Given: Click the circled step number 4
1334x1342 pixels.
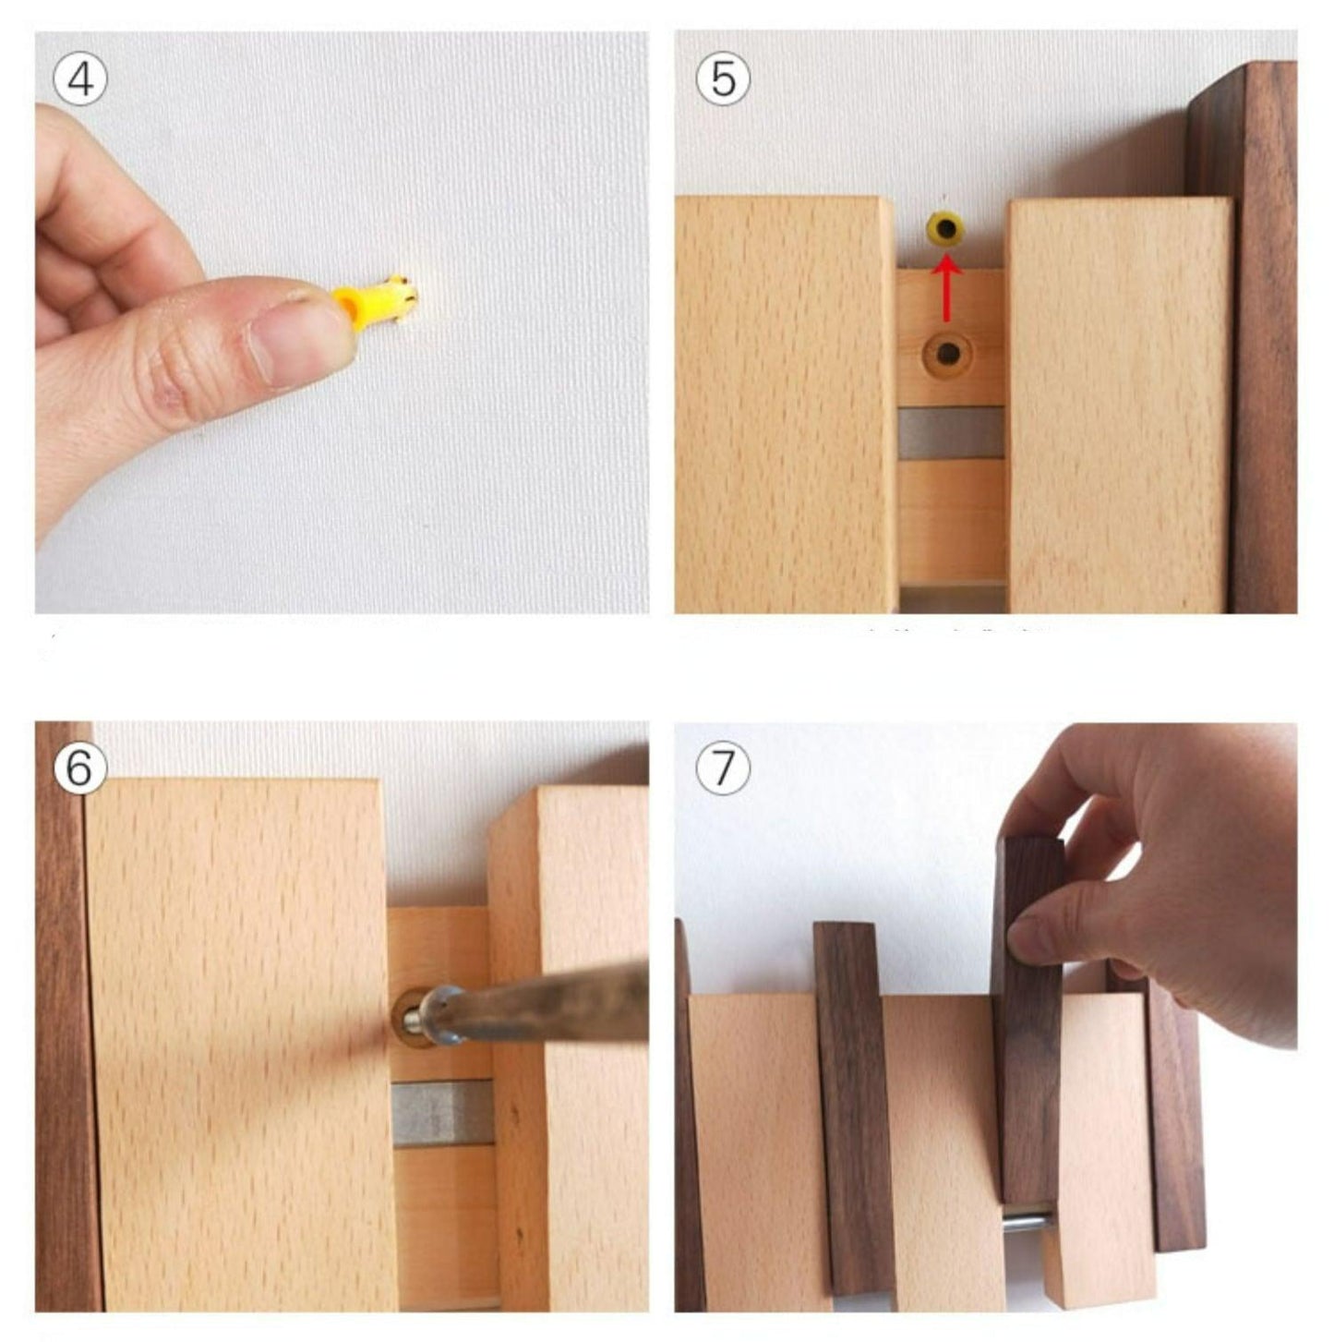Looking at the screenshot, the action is click(x=80, y=79).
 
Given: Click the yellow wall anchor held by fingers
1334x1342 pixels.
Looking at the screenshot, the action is click(x=375, y=301).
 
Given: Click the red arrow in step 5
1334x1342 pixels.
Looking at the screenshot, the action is click(x=946, y=287).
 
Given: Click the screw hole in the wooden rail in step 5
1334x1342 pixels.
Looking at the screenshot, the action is click(x=947, y=355).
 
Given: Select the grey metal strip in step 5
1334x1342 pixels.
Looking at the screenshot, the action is click(x=951, y=433).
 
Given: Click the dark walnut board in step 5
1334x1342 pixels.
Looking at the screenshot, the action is click(x=1243, y=337).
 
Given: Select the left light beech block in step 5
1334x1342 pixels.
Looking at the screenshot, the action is click(x=785, y=405).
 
